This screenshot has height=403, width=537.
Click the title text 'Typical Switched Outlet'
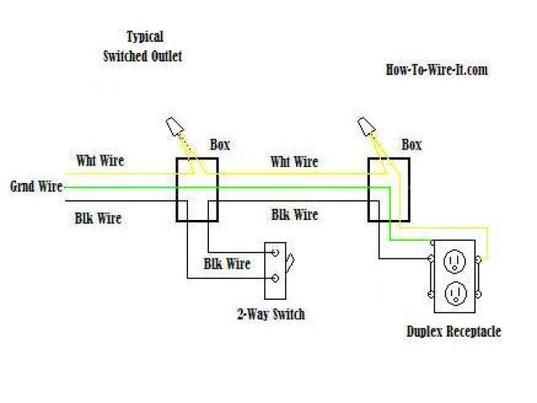point(143,46)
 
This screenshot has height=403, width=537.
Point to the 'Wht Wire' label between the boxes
point(294,161)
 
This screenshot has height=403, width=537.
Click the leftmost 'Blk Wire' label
point(97,219)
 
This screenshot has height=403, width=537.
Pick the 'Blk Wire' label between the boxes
point(295,214)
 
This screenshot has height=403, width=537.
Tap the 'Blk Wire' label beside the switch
point(227,264)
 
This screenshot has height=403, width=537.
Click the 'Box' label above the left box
point(220,144)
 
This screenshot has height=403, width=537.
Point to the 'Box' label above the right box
point(412,144)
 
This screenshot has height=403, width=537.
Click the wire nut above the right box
point(367,127)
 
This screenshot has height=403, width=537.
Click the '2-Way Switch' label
point(270,315)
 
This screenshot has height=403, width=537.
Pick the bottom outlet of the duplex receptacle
point(454,292)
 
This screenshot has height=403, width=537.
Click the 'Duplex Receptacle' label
point(453,332)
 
